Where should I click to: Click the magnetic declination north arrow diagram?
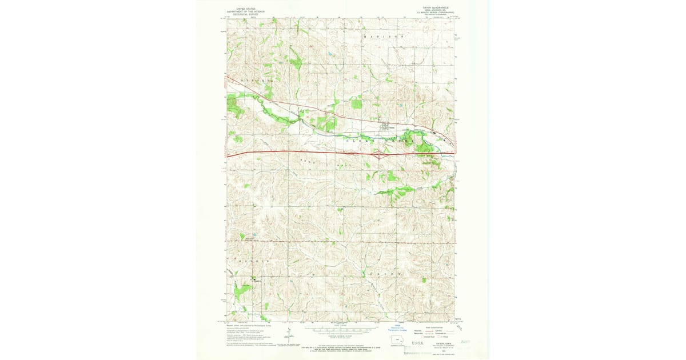point(290,338)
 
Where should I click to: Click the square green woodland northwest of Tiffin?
point(356,103)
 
